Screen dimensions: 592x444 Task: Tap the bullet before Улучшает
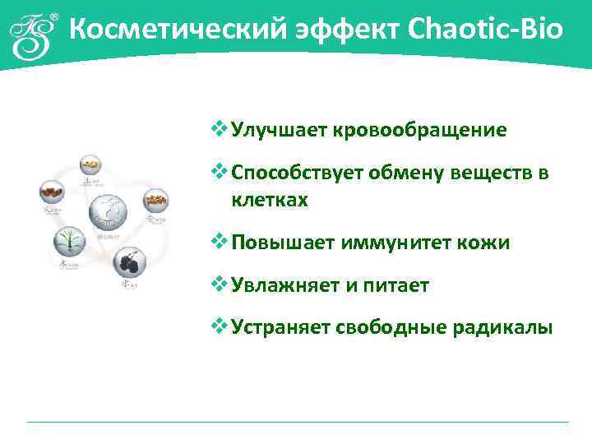[219, 129]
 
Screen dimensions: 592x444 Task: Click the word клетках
[270, 200]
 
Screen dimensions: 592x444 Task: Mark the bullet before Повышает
[219, 242]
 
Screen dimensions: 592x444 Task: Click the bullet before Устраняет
[219, 326]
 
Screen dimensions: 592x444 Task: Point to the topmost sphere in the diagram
[93, 165]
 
